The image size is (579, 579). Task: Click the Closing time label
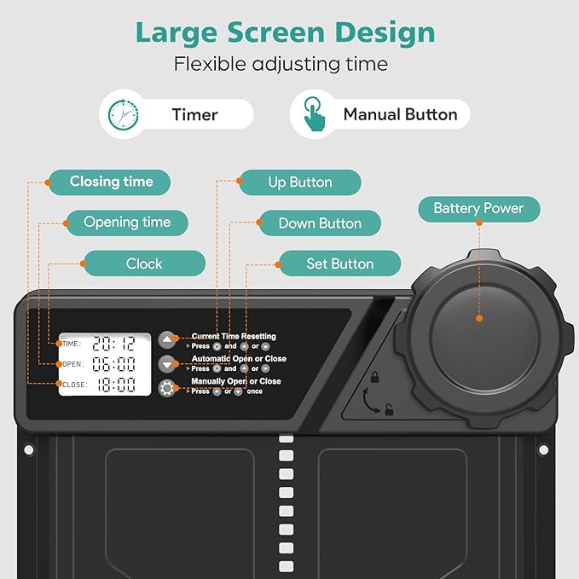click(110, 182)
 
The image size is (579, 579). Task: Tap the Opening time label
click(127, 223)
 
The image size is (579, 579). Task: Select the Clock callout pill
click(144, 263)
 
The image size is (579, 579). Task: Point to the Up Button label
click(300, 182)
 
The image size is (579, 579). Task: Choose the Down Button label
click(320, 223)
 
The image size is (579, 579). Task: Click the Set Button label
click(339, 263)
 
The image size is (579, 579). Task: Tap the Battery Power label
click(479, 209)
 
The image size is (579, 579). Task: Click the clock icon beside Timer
click(124, 114)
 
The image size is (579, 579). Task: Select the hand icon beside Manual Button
click(314, 113)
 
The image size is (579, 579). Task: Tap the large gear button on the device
click(167, 388)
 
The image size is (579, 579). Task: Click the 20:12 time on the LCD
click(113, 344)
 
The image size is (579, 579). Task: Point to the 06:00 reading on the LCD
click(113, 364)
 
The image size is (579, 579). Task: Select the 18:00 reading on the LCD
click(116, 385)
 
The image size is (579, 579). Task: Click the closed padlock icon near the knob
click(375, 377)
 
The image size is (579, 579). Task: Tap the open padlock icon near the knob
click(389, 409)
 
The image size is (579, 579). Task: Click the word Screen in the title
click(275, 32)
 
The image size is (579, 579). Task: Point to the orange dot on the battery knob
click(479, 318)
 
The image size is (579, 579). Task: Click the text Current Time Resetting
click(234, 336)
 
